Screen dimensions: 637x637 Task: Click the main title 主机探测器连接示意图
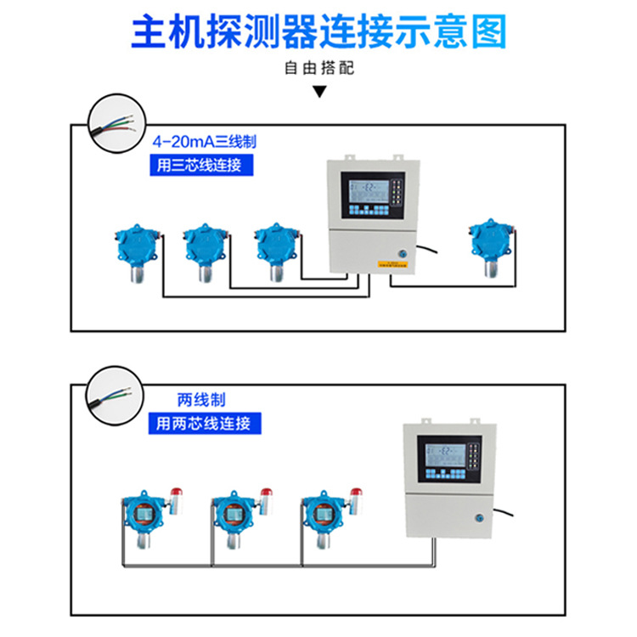[318, 31]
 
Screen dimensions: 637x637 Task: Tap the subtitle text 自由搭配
[318, 69]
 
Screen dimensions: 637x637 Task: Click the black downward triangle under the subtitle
[319, 91]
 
